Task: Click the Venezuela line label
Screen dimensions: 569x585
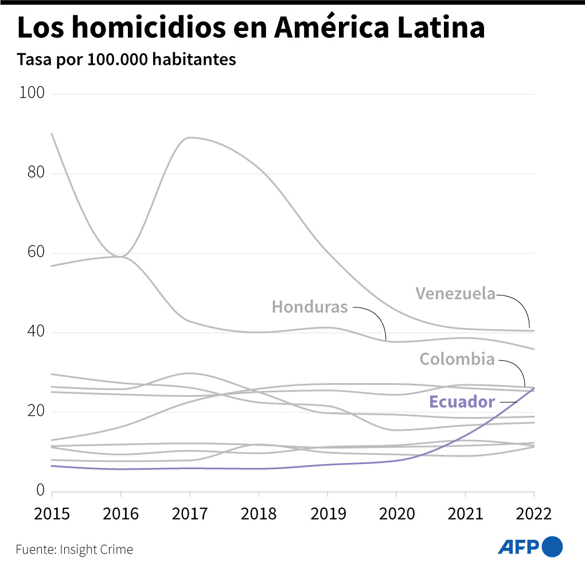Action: click(x=455, y=294)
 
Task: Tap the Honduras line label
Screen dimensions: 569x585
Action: click(x=310, y=307)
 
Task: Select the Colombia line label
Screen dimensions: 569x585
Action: click(x=457, y=359)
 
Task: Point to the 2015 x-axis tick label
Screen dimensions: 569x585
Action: click(x=52, y=513)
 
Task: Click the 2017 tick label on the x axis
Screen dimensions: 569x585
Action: click(x=189, y=513)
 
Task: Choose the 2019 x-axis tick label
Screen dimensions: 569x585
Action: click(x=327, y=513)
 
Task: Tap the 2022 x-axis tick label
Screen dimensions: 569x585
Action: click(x=533, y=513)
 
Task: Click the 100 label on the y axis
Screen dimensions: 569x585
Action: click(x=32, y=93)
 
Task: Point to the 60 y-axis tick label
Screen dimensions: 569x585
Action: click(x=36, y=252)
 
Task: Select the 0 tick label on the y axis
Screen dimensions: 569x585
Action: click(x=40, y=491)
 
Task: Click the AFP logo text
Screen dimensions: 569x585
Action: click(x=518, y=547)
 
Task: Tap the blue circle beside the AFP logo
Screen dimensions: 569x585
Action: click(x=552, y=547)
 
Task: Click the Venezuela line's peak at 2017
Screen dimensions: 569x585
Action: click(x=189, y=138)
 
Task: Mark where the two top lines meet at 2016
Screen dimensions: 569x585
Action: click(x=120, y=256)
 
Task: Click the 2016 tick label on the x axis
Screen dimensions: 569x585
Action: click(x=120, y=513)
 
